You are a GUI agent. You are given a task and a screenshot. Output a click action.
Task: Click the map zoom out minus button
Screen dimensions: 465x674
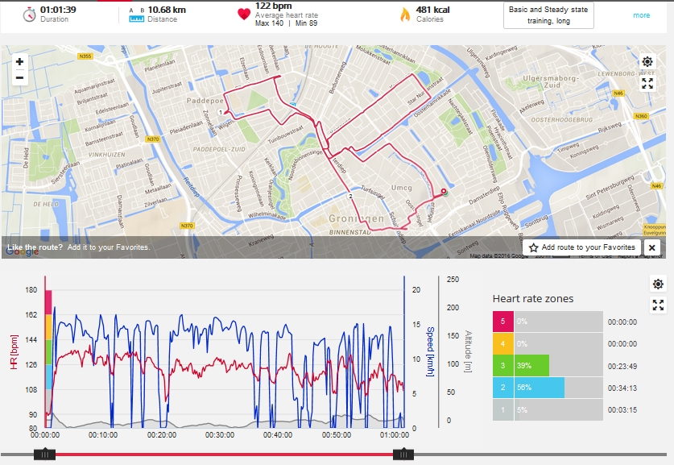click(x=20, y=78)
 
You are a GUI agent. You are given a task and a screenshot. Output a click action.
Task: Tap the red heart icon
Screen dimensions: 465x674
click(x=244, y=15)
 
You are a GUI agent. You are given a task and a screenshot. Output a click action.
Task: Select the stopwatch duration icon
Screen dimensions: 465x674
click(x=28, y=15)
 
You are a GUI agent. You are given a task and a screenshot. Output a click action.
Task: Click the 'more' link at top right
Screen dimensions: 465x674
click(x=641, y=15)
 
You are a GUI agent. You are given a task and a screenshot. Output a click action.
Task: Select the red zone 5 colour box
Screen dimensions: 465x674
click(x=502, y=322)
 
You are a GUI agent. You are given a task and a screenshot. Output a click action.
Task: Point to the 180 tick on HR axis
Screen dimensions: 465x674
click(x=31, y=290)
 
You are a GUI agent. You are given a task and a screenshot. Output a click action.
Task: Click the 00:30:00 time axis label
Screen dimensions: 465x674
click(x=221, y=435)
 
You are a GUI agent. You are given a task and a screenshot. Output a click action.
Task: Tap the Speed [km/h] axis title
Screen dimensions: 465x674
click(x=430, y=347)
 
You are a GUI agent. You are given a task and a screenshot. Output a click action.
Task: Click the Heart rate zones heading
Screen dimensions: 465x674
click(x=533, y=299)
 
